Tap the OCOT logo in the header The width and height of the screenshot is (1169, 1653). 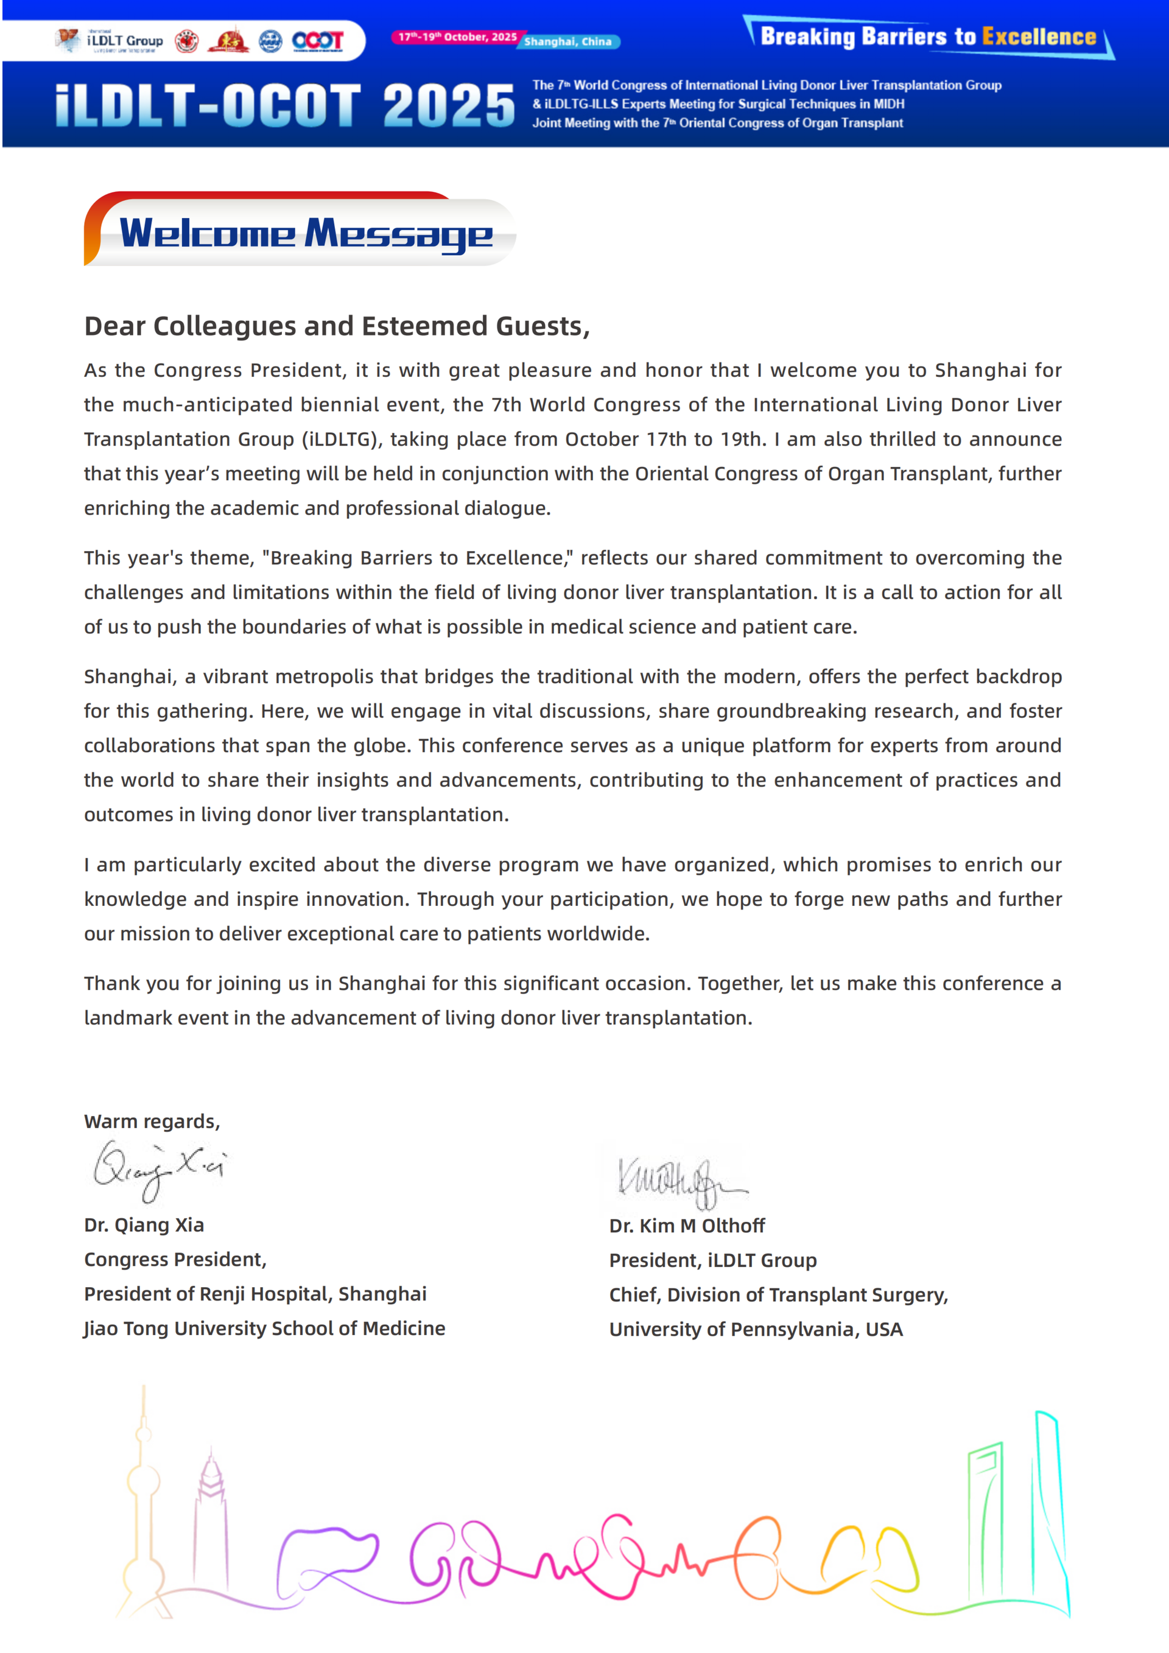[317, 40]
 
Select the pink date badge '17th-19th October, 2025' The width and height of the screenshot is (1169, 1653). [457, 37]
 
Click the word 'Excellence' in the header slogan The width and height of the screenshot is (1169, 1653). [1039, 37]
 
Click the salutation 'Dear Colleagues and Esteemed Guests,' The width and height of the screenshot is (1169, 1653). [337, 326]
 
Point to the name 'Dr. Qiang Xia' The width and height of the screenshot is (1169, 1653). [144, 1224]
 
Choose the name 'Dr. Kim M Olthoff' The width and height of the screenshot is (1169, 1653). [687, 1226]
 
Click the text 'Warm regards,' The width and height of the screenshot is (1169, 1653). [152, 1121]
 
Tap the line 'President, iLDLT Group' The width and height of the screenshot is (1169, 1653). [712, 1260]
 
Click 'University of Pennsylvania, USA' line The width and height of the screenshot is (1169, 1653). [756, 1329]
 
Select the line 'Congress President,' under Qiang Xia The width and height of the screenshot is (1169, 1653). [175, 1259]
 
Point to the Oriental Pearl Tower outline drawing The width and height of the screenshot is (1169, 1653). [143, 1504]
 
